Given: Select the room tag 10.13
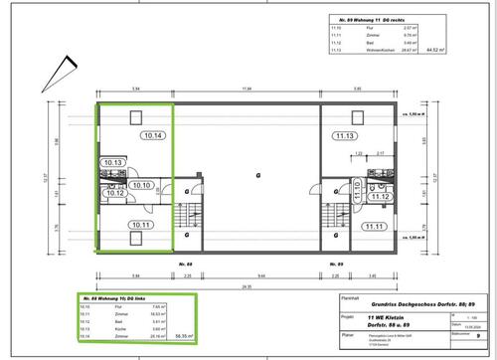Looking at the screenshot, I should point(112,162).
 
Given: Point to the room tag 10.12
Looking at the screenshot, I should point(115,193).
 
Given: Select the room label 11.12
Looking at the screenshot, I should point(377,197).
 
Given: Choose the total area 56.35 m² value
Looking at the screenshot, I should point(183,337).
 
